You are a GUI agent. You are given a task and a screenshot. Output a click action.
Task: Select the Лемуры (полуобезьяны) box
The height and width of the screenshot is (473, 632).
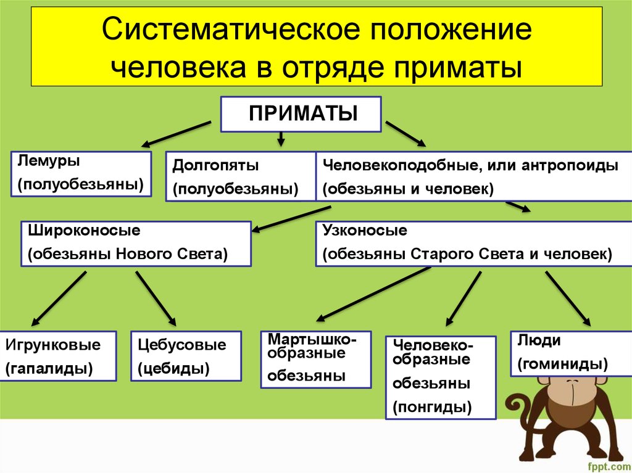coord(81,173)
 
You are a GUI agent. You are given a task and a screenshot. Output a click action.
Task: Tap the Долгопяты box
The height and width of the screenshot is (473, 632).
coord(241,177)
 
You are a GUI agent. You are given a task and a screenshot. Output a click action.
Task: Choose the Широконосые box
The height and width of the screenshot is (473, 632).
coord(136,243)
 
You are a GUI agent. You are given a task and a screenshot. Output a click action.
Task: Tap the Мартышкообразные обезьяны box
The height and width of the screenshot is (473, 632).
coord(315,359)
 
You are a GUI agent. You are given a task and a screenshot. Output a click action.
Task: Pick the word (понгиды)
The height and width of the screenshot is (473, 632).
coord(432,406)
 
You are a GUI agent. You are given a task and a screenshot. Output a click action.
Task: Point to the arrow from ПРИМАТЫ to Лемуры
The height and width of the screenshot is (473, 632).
coord(176,134)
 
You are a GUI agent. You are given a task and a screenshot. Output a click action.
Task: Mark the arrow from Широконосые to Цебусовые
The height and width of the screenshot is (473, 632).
coord(156,298)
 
